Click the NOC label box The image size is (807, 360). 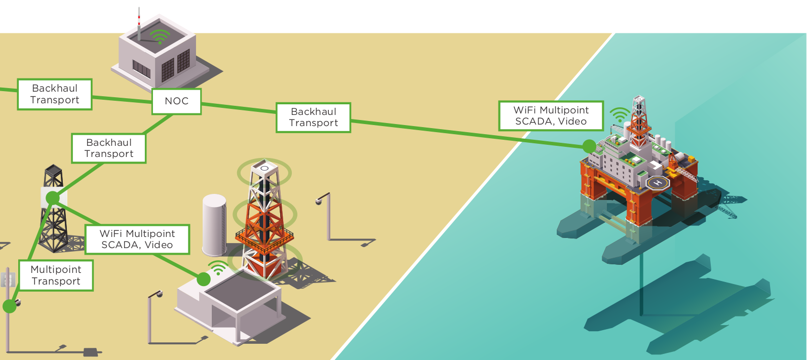(176, 101)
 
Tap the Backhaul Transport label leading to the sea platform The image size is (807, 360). (313, 117)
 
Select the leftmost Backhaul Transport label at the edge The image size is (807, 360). (55, 94)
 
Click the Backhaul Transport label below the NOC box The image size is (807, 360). (108, 148)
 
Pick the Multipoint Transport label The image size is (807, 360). (56, 275)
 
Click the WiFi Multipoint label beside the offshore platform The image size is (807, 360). (551, 116)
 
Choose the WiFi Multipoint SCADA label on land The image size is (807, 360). (137, 239)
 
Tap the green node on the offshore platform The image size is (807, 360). (589, 146)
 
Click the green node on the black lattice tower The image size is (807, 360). (53, 197)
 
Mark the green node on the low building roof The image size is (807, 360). (203, 279)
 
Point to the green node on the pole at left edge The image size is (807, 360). (9, 306)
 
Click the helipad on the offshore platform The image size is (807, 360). (658, 182)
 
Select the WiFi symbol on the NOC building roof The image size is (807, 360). (160, 36)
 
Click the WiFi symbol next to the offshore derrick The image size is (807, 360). (619, 115)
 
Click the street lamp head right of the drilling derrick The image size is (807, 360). (319, 201)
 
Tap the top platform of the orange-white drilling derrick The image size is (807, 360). (264, 168)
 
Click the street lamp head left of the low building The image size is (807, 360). (159, 294)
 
